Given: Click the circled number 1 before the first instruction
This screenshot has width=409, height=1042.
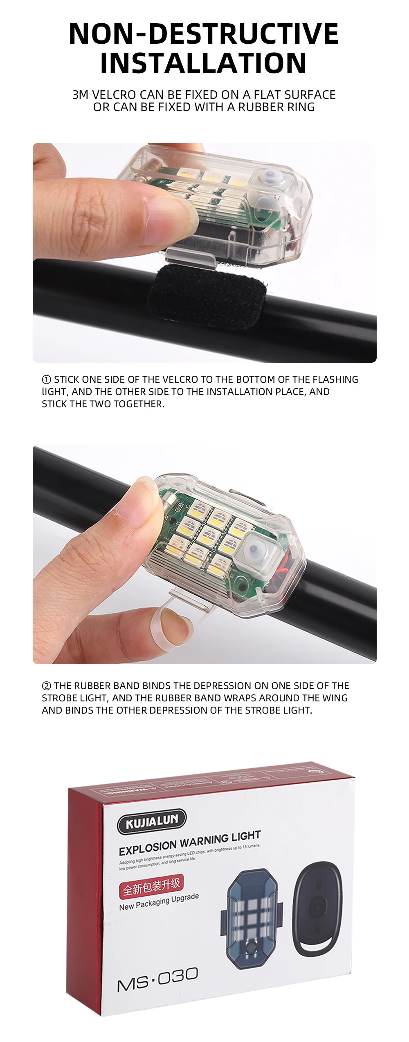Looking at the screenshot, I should coord(47,379).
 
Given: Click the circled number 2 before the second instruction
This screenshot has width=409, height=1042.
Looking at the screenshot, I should coord(47,686).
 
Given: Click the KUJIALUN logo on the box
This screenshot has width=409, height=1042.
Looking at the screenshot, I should coord(151,821).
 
